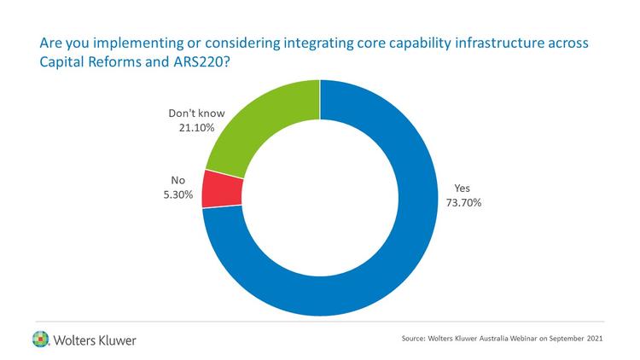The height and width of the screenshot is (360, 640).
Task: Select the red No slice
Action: [x=220, y=189]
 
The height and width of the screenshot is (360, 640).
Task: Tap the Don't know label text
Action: [x=189, y=113]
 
